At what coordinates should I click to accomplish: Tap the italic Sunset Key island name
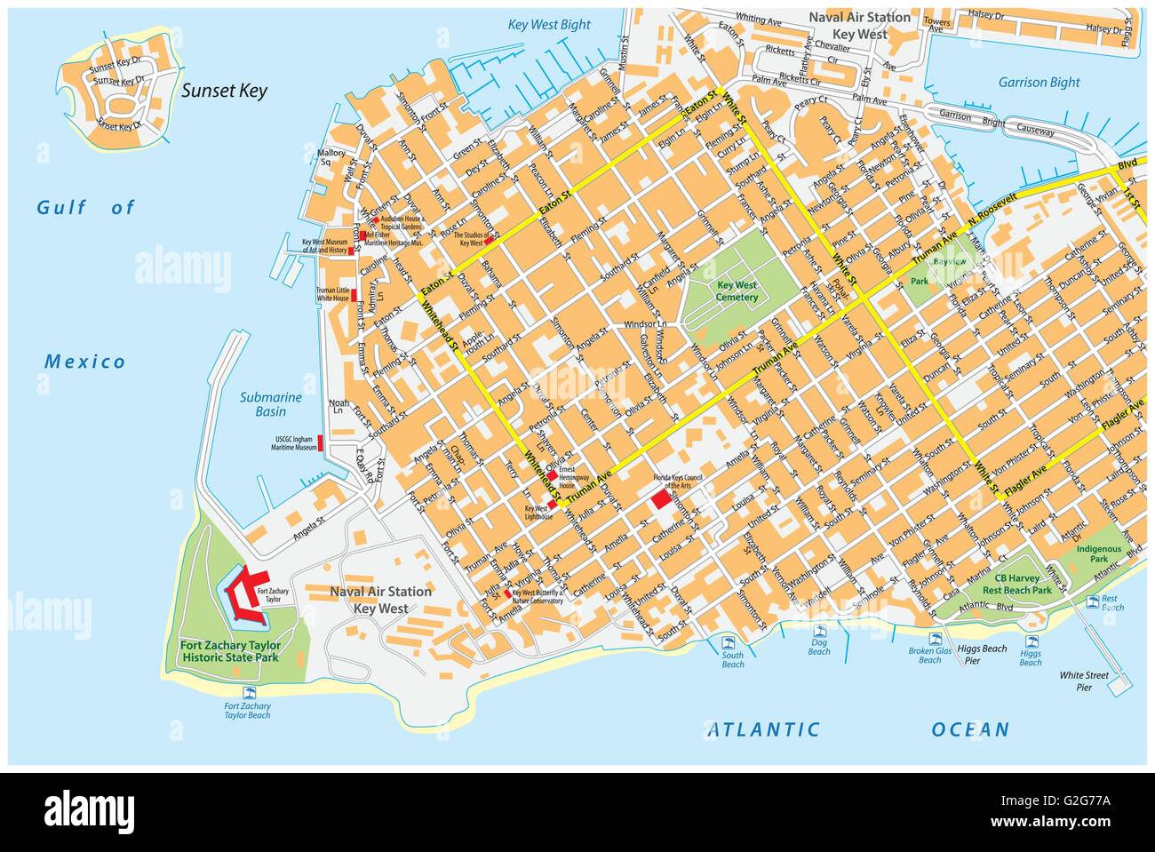click(x=224, y=91)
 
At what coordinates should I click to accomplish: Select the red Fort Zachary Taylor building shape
click(x=245, y=593)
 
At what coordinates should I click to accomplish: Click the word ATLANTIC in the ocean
click(x=763, y=730)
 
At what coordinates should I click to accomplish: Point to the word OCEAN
click(x=970, y=730)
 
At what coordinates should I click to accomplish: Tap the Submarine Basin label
click(x=270, y=404)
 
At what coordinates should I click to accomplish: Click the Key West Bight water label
click(x=549, y=25)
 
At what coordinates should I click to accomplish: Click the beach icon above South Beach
click(x=731, y=642)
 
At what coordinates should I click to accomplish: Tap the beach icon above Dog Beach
click(x=818, y=633)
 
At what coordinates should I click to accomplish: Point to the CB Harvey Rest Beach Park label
click(x=1017, y=584)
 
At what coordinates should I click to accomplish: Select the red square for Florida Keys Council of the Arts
click(x=661, y=499)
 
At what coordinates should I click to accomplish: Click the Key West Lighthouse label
click(x=538, y=511)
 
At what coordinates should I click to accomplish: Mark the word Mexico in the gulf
click(x=85, y=362)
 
